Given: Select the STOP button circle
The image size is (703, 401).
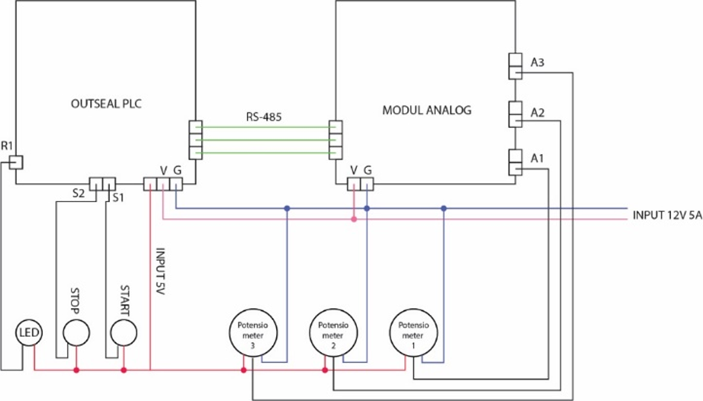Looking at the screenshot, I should (75, 332).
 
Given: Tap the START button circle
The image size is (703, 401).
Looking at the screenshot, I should (123, 332).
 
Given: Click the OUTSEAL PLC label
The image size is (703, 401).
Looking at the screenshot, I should (106, 104).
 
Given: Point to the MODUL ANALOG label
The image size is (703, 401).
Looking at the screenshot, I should (426, 110).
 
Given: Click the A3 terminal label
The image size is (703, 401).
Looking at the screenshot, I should (538, 63).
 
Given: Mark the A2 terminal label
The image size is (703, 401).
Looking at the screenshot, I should (538, 112).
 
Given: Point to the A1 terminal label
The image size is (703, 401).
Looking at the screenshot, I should (538, 158).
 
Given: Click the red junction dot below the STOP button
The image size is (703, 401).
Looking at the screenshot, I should (75, 370).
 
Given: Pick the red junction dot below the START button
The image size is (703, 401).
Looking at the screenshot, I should (123, 370).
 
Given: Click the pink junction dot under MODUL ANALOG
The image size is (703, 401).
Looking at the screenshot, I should (354, 219).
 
